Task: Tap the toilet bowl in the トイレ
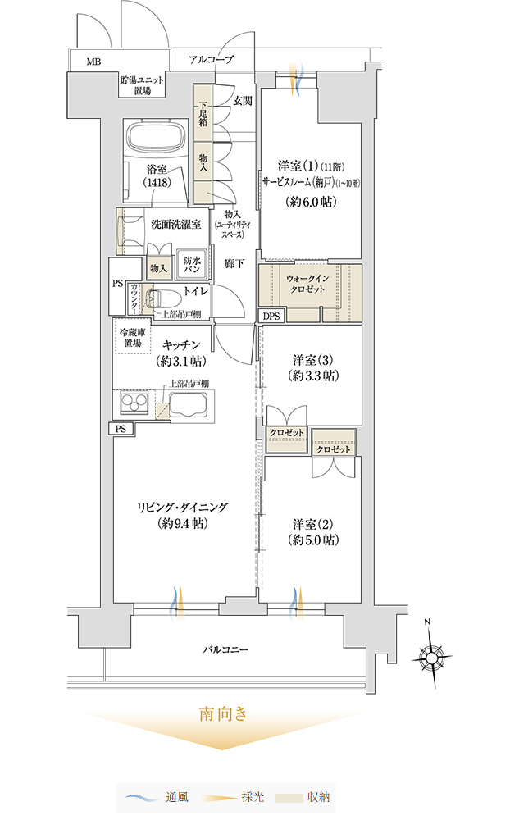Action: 164,299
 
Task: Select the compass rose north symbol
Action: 432,654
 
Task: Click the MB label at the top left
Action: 94,62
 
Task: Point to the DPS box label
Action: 271,316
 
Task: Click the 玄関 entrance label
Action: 242,101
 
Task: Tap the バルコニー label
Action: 225,650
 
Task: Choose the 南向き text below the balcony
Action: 223,714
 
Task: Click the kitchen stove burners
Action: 134,403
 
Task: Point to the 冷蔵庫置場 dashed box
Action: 133,337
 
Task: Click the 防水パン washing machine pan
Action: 192,263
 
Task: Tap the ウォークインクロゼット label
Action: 307,284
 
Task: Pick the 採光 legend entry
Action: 233,798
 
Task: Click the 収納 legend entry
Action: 303,798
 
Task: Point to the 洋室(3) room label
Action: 312,367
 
